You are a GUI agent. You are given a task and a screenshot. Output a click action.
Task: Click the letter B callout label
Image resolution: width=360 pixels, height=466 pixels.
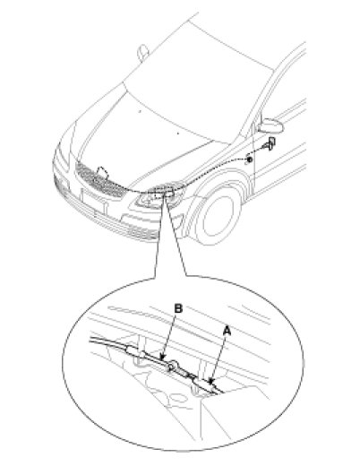[178, 308]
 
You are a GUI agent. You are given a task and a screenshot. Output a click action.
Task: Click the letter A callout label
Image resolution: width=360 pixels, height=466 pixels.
[227, 331]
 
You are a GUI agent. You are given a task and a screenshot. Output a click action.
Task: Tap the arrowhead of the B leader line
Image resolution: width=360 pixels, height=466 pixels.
[162, 356]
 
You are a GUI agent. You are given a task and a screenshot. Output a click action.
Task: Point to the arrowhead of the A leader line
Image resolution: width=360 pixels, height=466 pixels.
[211, 381]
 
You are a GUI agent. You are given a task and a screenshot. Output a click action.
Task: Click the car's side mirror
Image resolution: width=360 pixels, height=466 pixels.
[270, 125]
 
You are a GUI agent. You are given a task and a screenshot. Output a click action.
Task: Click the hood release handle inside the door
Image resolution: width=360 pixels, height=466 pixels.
[270, 143]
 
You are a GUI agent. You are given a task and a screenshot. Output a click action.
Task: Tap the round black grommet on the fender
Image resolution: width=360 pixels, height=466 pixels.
[249, 160]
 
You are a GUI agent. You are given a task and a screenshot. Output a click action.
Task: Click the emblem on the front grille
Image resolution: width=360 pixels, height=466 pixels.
[102, 172]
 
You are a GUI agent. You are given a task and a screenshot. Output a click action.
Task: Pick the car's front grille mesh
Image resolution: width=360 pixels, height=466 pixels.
[100, 180]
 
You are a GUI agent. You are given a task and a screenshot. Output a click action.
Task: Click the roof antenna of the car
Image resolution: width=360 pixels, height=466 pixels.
[142, 52]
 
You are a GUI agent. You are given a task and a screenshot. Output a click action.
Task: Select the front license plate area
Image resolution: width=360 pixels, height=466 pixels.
[93, 201]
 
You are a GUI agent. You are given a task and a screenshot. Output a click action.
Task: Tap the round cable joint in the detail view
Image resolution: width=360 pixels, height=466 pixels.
[173, 365]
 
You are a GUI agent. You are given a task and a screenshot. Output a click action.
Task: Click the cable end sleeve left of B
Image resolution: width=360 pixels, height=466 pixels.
[133, 349]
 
